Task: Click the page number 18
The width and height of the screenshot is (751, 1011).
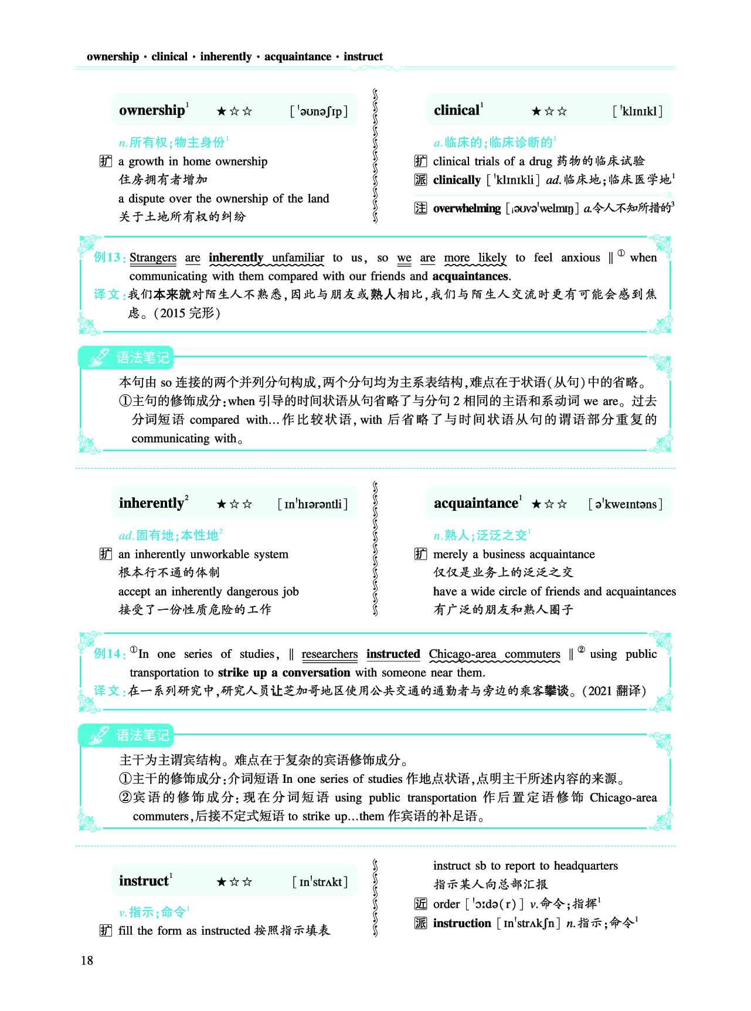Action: coord(87,960)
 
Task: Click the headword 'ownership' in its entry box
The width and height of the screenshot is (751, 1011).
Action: coord(152,110)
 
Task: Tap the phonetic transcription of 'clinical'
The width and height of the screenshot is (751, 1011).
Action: coord(637,111)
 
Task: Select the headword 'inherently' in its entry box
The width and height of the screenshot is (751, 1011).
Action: coord(151,503)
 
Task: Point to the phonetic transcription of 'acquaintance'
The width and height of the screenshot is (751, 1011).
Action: coord(626,504)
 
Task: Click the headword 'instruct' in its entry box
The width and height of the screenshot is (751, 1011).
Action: coord(144,881)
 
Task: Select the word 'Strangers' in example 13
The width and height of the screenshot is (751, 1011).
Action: coord(153,257)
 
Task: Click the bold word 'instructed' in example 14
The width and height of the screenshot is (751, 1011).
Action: coord(393,654)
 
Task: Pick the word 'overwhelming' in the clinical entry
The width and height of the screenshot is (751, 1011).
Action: coord(467,208)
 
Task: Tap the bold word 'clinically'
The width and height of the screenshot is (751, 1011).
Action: coord(457,180)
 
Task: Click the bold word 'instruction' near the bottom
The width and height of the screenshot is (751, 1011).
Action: coord(462,923)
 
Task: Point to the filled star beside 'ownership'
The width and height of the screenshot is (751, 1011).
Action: coord(222,111)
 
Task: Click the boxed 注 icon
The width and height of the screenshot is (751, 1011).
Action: coord(420,208)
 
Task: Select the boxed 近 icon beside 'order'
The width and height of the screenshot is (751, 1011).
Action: coord(420,904)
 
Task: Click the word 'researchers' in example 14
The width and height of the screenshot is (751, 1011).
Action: coord(329,654)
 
